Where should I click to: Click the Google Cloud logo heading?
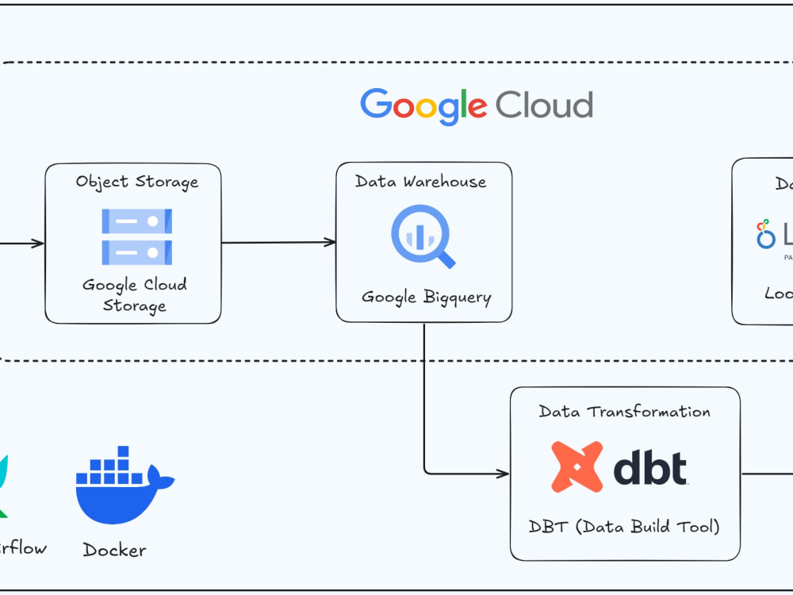[x=477, y=106]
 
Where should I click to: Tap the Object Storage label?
[x=136, y=182]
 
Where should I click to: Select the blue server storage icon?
[x=136, y=236]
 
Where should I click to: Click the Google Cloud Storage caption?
[x=135, y=295]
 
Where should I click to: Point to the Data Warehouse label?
[x=420, y=182]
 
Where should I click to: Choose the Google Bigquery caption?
[x=427, y=297]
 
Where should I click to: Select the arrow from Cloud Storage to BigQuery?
[x=278, y=243]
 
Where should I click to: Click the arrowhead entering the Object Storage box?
[x=38, y=243]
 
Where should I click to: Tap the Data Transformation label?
[x=625, y=411]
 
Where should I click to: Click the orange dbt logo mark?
[x=578, y=467]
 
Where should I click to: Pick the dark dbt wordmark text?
[x=650, y=468]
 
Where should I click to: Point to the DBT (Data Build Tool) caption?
[x=624, y=527]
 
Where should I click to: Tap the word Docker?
[x=115, y=550]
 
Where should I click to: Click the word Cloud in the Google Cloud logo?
[x=544, y=105]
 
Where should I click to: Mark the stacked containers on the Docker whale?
[x=111, y=467]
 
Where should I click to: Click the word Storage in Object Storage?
[x=167, y=182]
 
